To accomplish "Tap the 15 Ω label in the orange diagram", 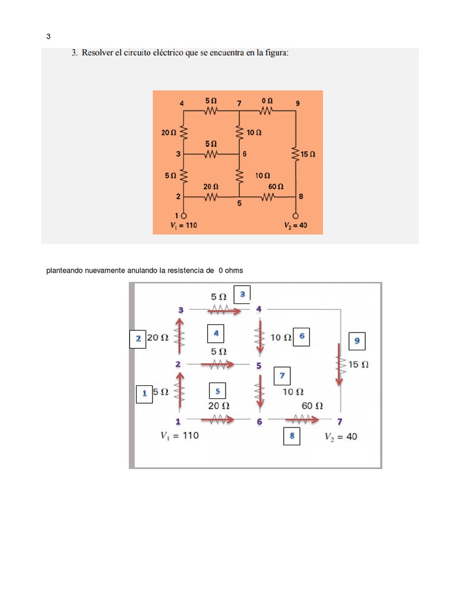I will pyautogui.click(x=308, y=154).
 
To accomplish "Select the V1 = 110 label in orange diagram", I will pyautogui.click(x=183, y=225).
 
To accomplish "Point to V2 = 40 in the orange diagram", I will pyautogui.click(x=295, y=225).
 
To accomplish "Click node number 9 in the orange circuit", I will pyautogui.click(x=297, y=103).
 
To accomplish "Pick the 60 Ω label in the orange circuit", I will pyautogui.click(x=276, y=186).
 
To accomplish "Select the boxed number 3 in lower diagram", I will pyautogui.click(x=242, y=293).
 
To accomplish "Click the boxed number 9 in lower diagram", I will pyautogui.click(x=357, y=341).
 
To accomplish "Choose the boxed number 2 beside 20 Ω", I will pyautogui.click(x=138, y=338).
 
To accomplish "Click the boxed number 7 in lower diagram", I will pyautogui.click(x=282, y=376).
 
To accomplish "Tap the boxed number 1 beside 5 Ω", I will pyautogui.click(x=144, y=393).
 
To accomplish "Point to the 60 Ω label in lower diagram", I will pyautogui.click(x=312, y=406).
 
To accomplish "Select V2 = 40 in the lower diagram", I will pyautogui.click(x=341, y=437).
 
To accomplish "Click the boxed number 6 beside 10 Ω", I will pyautogui.click(x=302, y=337).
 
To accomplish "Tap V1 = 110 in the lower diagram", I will pyautogui.click(x=179, y=435).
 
